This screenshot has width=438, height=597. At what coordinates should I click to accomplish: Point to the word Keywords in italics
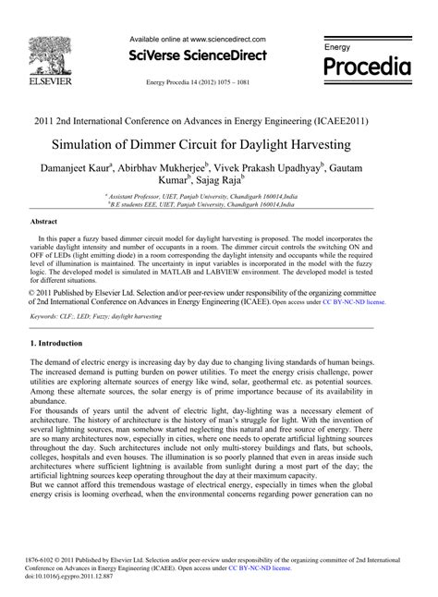(x=48, y=289)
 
